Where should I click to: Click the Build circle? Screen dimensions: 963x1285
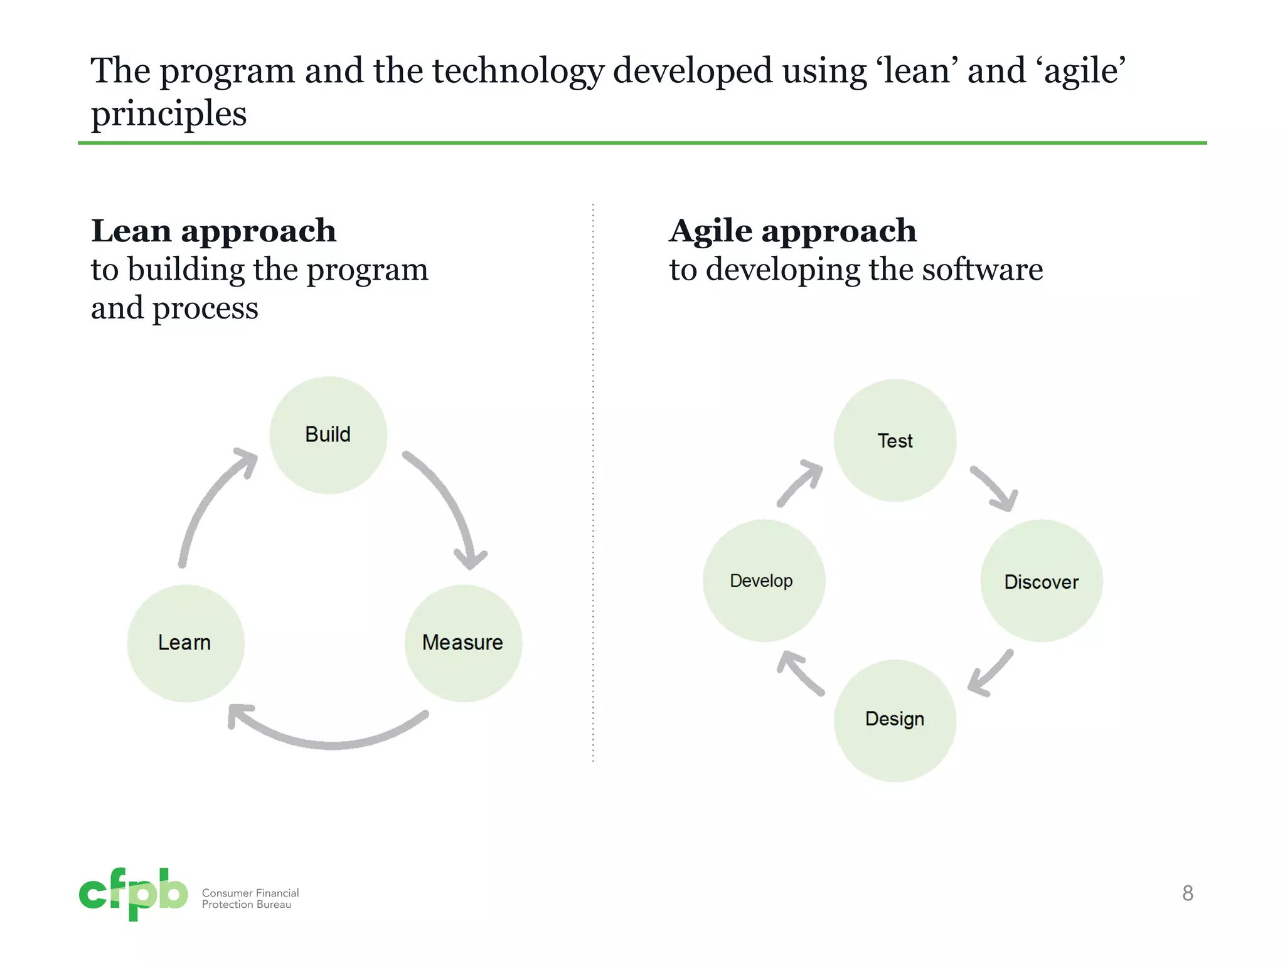point(328,434)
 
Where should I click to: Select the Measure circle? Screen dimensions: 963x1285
point(463,643)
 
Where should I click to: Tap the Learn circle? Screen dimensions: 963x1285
point(186,643)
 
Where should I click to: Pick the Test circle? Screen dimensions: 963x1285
point(895,440)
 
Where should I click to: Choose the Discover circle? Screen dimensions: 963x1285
point(1041,581)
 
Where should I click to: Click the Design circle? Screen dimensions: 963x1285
point(895,720)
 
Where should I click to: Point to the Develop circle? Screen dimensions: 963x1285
point(764,581)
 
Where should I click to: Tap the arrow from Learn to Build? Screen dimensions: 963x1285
point(207,502)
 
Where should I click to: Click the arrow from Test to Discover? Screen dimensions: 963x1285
point(994,489)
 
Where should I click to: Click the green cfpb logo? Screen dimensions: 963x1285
point(133,893)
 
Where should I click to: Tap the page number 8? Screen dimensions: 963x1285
point(1187,893)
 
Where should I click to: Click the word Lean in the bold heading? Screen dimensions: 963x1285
point(131,231)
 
